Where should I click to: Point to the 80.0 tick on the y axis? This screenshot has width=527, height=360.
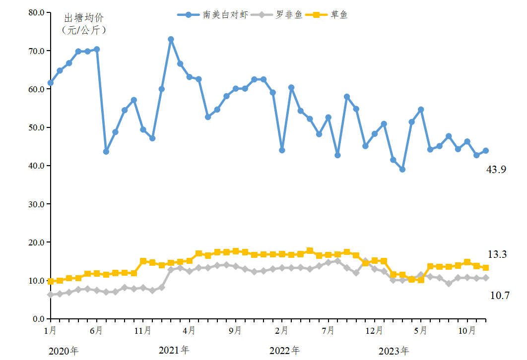(x=36, y=12)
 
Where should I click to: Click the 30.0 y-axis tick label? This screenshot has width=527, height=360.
(x=36, y=204)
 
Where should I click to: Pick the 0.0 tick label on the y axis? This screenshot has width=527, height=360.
(x=38, y=319)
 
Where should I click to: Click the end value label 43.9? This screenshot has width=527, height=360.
(x=496, y=170)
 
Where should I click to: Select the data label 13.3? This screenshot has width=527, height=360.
(x=497, y=254)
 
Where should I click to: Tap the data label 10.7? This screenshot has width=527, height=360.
(x=499, y=296)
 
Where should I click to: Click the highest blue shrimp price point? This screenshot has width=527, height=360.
(x=171, y=39)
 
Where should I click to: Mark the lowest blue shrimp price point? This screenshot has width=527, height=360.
(x=402, y=170)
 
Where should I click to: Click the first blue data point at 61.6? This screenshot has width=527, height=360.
(x=51, y=83)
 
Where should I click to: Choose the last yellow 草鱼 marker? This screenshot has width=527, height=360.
(x=485, y=268)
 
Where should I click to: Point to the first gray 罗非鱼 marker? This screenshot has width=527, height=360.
(x=51, y=295)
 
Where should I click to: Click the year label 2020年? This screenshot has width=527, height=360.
(x=64, y=352)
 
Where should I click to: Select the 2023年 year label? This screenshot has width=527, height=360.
(x=394, y=352)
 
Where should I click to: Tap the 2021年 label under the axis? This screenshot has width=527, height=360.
(x=174, y=350)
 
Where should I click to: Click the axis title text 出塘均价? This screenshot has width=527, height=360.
(x=84, y=18)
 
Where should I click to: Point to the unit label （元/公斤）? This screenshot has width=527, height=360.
(x=84, y=30)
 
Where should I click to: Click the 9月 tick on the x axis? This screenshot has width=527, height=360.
(x=236, y=330)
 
